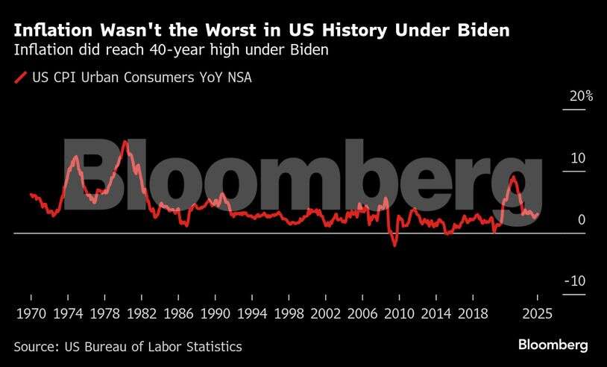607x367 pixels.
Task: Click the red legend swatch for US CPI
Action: (20, 77)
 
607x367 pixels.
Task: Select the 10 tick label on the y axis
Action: (579, 158)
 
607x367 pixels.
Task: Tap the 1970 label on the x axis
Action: (31, 313)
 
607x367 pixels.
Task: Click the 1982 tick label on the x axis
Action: (140, 313)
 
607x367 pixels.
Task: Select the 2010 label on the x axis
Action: (399, 313)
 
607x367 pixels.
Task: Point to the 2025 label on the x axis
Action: (537, 313)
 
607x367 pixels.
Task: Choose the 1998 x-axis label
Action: (289, 313)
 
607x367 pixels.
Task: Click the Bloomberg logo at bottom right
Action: (553, 345)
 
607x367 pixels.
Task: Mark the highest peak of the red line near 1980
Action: (126, 141)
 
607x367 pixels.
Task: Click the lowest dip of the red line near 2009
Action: (395, 245)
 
